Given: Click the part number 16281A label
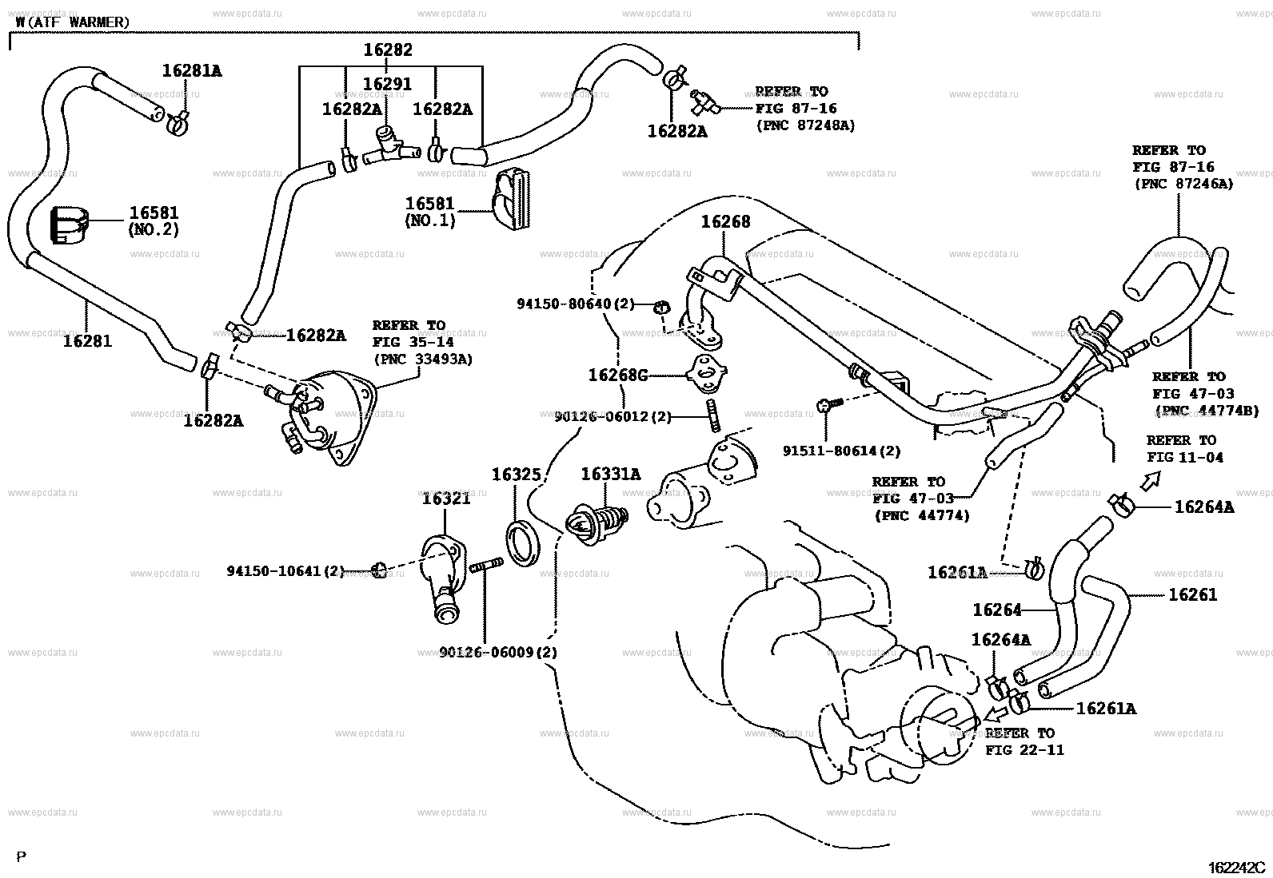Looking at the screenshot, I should point(192,71).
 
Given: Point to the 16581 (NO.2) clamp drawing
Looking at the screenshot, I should point(69,225).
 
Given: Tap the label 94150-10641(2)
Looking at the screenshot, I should point(285,571).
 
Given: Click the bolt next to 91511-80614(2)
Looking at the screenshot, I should point(826,406).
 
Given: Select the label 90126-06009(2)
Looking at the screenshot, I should point(498,652).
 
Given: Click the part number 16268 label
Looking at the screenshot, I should point(725,222).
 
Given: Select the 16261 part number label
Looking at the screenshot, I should point(1192,594).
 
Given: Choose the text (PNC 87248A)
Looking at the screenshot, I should point(805,125).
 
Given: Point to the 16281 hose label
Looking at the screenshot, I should point(88,341).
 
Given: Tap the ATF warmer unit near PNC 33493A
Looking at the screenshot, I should point(332,415).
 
